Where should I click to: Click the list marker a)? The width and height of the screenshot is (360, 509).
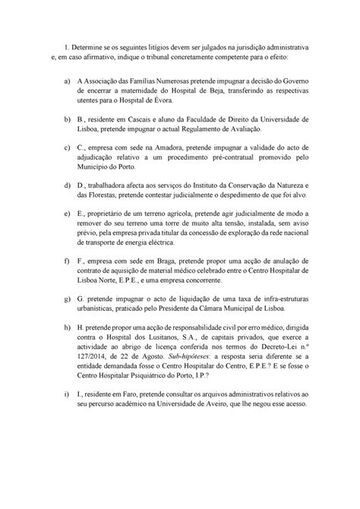coord(69,81)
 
